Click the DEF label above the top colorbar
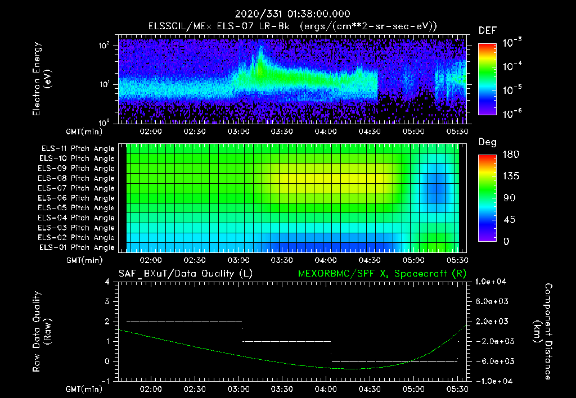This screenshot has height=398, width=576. tap(487, 30)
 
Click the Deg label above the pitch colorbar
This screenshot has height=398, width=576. tap(487, 142)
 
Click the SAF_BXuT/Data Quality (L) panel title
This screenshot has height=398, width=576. tap(185, 273)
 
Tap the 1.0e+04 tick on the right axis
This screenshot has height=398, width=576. tap(492, 282)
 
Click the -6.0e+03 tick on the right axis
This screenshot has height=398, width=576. tap(492, 361)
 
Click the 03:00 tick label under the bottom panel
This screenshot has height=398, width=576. tap(238, 389)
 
